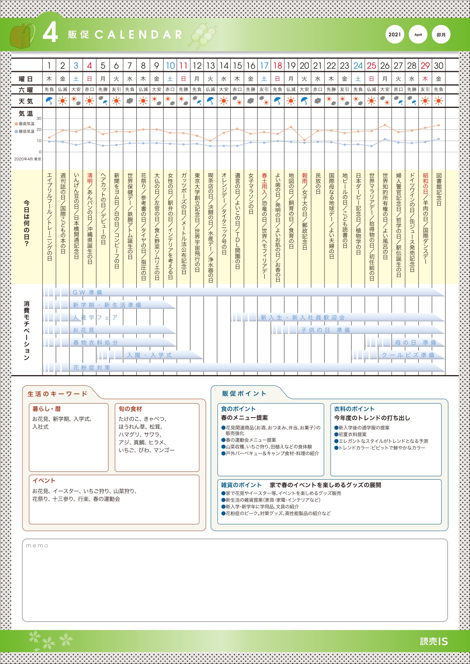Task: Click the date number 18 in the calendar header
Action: [278, 65]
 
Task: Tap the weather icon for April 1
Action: [49, 101]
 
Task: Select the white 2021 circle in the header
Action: [395, 34]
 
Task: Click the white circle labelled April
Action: [418, 34]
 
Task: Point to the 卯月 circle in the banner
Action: [441, 34]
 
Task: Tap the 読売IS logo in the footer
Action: [434, 641]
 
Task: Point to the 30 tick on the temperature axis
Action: [39, 118]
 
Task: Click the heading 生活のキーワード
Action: [57, 394]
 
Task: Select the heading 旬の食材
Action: [130, 409]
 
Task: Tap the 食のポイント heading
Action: [238, 409]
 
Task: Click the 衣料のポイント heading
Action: [354, 409]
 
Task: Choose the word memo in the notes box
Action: [37, 546]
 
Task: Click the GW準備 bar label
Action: [87, 293]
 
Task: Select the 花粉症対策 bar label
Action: [92, 368]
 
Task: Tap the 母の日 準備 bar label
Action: [415, 343]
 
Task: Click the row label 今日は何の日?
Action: [27, 223]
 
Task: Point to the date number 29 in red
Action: [425, 65]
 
